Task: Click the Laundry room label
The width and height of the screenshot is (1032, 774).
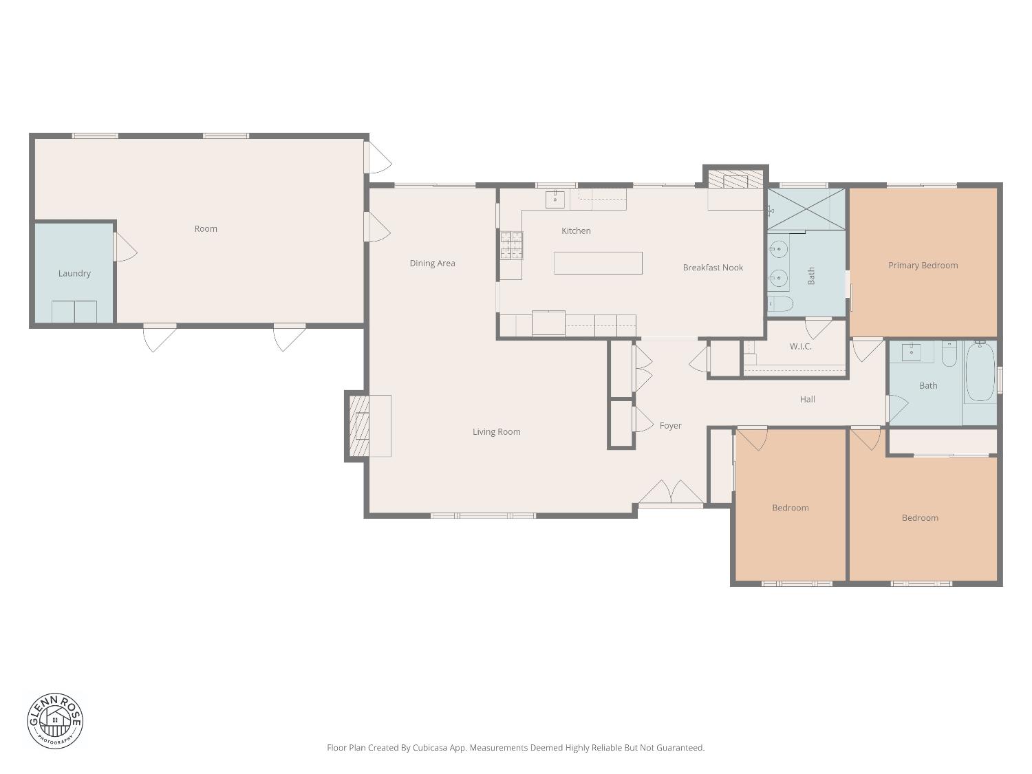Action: [74, 273]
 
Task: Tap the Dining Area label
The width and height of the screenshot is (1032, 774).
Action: [432, 263]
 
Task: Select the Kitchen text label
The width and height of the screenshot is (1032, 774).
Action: [576, 230]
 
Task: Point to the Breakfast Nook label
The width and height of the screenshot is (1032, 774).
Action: [713, 268]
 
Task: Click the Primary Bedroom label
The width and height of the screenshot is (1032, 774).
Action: [923, 265]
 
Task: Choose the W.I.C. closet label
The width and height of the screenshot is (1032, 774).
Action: [800, 346]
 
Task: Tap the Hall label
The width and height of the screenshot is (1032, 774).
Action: [807, 399]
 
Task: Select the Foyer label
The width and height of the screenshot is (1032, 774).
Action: [670, 426]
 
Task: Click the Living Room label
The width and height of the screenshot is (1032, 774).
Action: [496, 432]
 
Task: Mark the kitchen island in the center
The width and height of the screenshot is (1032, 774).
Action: [598, 263]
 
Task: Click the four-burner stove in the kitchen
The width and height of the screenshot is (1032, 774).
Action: [511, 245]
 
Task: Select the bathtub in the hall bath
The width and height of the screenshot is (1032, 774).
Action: [980, 372]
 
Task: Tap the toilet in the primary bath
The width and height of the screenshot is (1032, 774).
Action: [780, 303]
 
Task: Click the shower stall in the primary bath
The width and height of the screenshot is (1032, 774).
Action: [806, 208]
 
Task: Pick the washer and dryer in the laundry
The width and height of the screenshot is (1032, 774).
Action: [74, 312]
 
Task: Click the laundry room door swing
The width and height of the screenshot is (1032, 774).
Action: [125, 248]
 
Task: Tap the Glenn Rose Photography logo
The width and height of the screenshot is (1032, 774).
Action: [55, 721]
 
